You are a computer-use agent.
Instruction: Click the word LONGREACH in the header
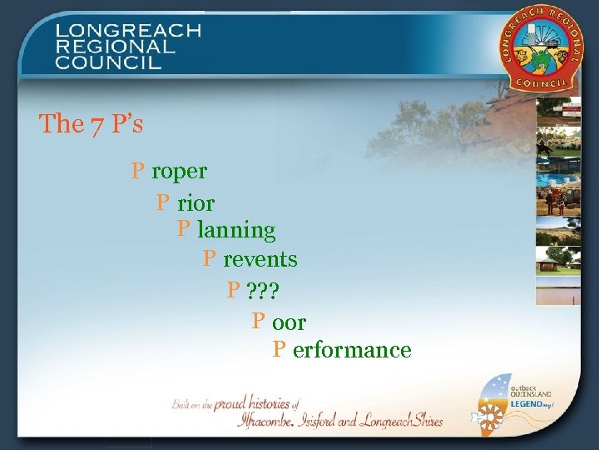tap(129, 32)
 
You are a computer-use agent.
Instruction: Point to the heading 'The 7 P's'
tap(91, 124)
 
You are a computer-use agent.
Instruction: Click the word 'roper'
tap(179, 172)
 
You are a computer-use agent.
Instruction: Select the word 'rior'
tap(196, 202)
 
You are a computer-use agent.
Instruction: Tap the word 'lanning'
tap(236, 229)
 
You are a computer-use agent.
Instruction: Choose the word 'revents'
tap(260, 259)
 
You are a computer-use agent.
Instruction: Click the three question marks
tap(264, 291)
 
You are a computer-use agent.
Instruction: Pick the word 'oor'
tap(289, 322)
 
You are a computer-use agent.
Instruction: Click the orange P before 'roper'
tap(139, 171)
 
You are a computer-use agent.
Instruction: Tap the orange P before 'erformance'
tap(280, 349)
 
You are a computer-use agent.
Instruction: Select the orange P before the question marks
tap(235, 290)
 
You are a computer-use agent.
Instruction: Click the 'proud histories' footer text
tap(250, 403)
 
